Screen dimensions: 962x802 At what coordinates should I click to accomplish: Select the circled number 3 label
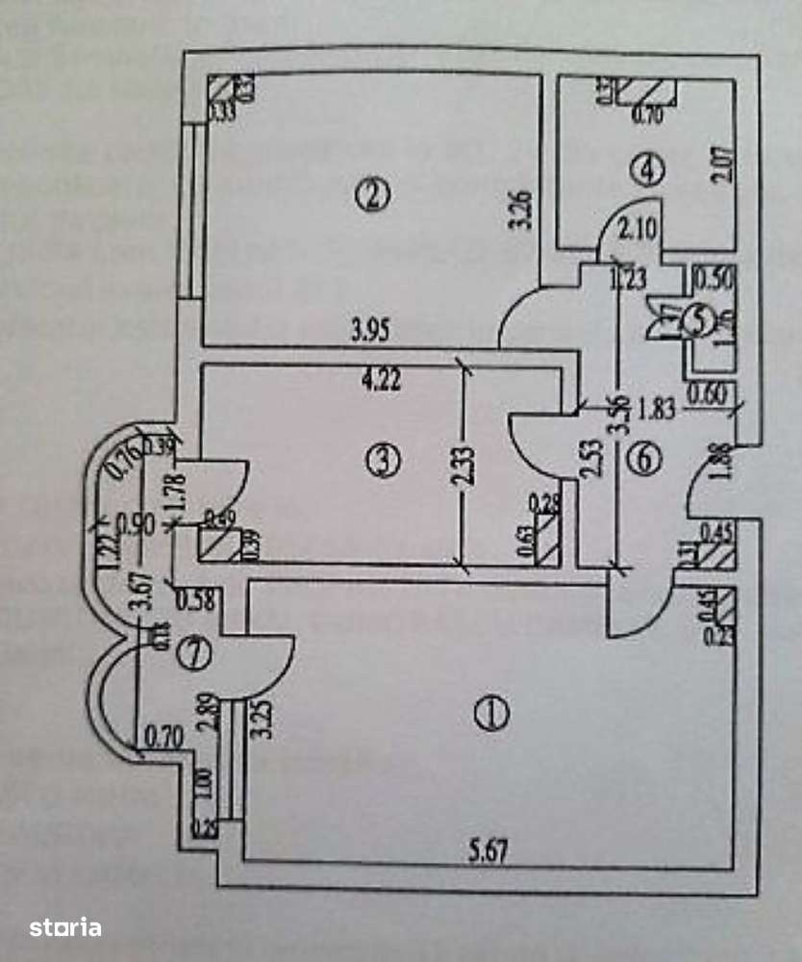(x=382, y=461)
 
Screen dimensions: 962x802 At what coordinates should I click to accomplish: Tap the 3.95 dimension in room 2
(x=369, y=333)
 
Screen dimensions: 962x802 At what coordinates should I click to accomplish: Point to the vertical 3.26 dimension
(x=523, y=210)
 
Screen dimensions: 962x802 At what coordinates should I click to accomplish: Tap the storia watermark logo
(x=65, y=927)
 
